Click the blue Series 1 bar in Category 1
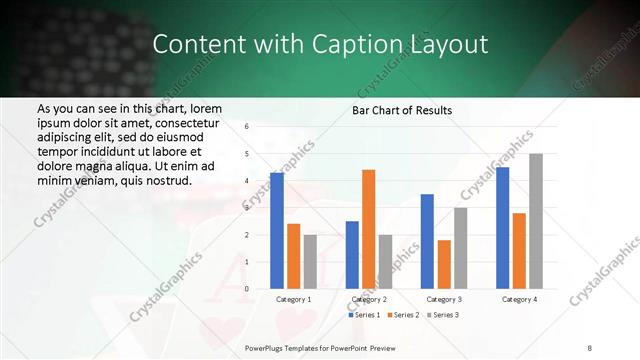click(277, 230)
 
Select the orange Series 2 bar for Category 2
click(368, 229)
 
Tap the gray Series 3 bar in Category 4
click(536, 221)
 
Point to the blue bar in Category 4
click(502, 228)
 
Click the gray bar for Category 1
click(310, 262)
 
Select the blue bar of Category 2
click(352, 255)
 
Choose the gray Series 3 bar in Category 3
click(460, 248)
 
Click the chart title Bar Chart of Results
click(402, 110)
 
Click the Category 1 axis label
click(293, 299)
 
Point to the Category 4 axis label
click(518, 299)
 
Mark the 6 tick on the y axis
click(247, 127)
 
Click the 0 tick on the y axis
click(247, 289)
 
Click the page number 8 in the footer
click(590, 346)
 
